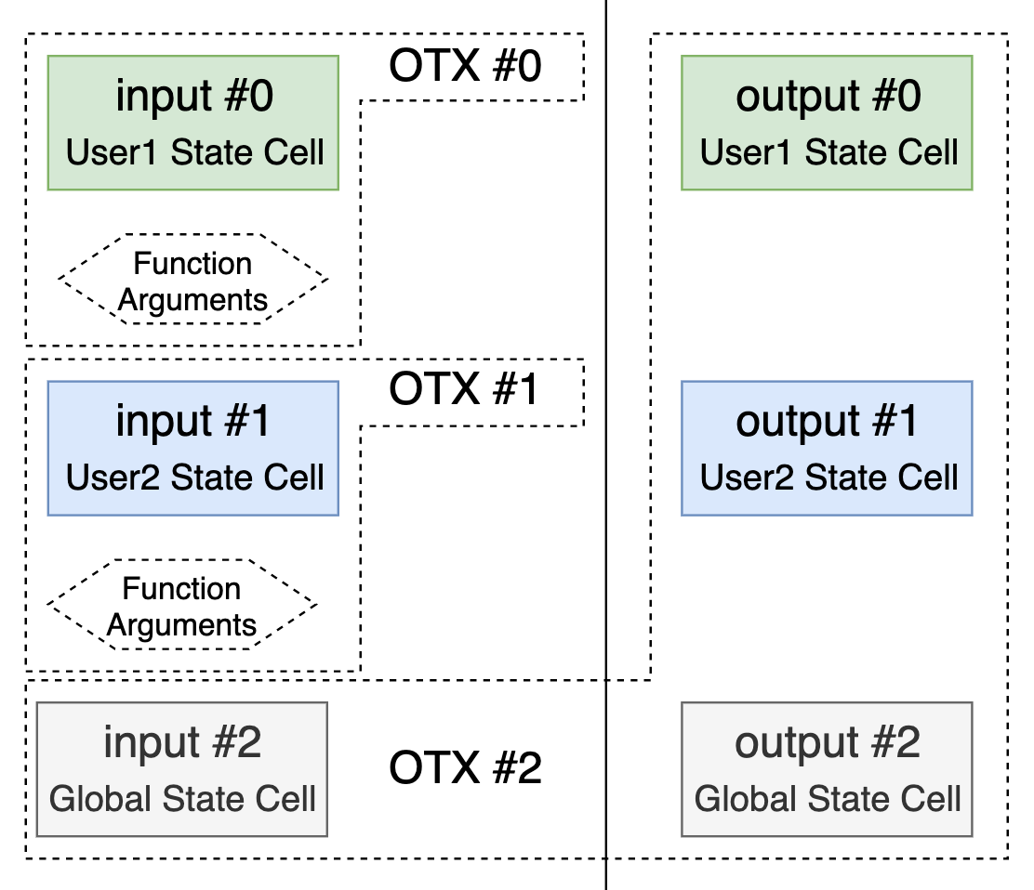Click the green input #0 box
pos(193,124)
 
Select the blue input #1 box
pos(193,448)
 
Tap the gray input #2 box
pos(182,769)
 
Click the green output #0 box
pos(827,124)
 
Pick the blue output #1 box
pos(827,448)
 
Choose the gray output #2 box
pos(827,769)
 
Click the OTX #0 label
pos(465,66)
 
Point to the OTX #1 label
pos(464,388)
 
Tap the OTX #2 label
pos(465,767)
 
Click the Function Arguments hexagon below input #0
pos(193,280)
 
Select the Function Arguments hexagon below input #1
pos(182,605)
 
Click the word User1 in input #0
pos(112,152)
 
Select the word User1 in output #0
pos(746,152)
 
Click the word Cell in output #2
pos(931,799)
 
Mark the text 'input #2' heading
pos(182,742)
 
